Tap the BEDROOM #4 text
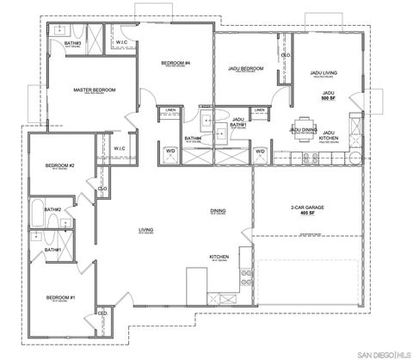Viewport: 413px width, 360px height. click(x=175, y=64)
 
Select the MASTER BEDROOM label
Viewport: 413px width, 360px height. click(x=95, y=90)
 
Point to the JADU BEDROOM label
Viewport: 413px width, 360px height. click(x=244, y=68)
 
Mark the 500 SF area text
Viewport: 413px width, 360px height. click(x=328, y=97)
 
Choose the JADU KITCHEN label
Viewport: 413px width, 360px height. click(x=328, y=136)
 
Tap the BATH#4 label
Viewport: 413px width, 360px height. click(x=193, y=138)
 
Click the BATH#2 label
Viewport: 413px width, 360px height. click(x=52, y=209)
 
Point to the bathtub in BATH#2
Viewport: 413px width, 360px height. click(x=39, y=214)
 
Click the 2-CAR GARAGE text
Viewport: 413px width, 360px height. click(x=307, y=208)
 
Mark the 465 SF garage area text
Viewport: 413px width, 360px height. click(x=307, y=215)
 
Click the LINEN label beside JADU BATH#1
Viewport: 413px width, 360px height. click(x=258, y=111)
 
